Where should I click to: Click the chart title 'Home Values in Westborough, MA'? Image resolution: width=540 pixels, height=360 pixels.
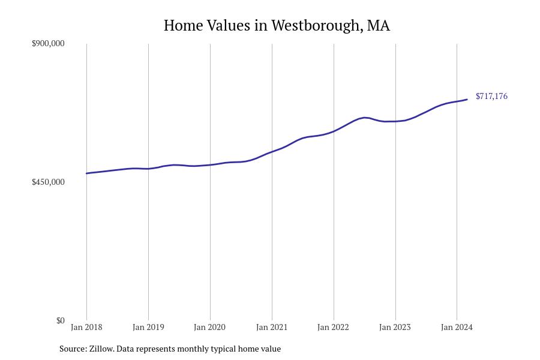coord(277,25)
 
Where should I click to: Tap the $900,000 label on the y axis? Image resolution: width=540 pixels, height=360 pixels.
coord(48,43)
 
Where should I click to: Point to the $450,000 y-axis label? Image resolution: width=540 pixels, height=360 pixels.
coord(48,182)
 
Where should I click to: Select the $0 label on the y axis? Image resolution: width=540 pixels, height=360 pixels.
coord(60,320)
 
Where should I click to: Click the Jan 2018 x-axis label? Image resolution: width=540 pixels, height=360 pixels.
coord(86,327)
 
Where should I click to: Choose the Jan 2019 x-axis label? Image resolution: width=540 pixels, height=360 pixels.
coord(148,327)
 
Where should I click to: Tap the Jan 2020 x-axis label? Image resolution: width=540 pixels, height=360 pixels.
coord(210,327)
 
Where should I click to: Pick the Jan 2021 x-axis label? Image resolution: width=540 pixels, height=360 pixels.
coord(272,327)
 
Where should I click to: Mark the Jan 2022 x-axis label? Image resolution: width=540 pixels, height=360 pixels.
coord(334,327)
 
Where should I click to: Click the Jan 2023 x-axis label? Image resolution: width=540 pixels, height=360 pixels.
coord(395,327)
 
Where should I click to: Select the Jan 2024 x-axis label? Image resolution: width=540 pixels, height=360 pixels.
coord(457,327)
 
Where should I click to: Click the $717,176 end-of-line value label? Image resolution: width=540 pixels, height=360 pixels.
coord(491,96)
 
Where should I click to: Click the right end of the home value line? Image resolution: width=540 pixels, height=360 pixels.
coord(467,100)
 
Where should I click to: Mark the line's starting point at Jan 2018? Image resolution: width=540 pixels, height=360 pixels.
coord(86,173)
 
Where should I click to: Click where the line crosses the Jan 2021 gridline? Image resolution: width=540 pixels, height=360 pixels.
coord(272,152)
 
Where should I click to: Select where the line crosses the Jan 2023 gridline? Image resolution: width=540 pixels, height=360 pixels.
coord(395,121)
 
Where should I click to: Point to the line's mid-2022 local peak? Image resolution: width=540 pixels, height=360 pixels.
coord(365,118)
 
